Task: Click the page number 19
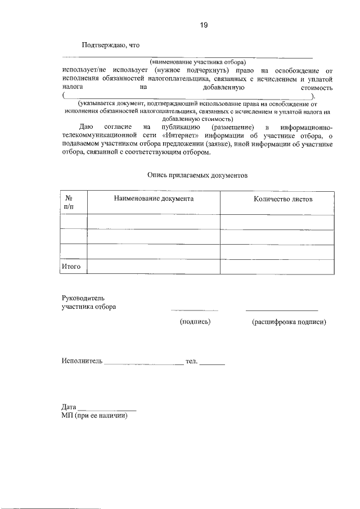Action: (x=203, y=24)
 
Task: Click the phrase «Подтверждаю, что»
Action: (x=110, y=45)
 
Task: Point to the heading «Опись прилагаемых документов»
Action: (x=197, y=175)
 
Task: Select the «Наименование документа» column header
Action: (x=154, y=199)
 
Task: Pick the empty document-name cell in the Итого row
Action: (x=154, y=266)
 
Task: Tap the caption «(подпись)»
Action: (x=195, y=322)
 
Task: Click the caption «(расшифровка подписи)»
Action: (x=289, y=322)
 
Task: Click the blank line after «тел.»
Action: (x=213, y=364)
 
